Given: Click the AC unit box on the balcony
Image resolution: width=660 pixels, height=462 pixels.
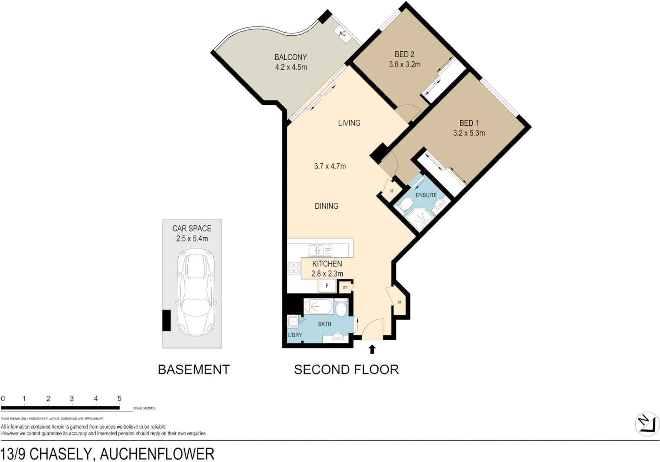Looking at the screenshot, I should [x=342, y=34].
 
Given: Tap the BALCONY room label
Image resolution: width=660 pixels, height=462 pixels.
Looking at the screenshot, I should [x=291, y=57].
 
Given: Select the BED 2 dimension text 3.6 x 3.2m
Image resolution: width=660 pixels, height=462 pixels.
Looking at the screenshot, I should [x=404, y=65].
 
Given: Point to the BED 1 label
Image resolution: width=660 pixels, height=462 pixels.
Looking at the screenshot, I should [x=468, y=123].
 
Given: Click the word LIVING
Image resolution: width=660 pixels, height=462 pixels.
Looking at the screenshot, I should [x=349, y=123].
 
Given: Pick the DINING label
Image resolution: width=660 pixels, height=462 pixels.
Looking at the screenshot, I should [x=326, y=206].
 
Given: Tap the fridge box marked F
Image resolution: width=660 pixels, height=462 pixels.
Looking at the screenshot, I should [x=327, y=286].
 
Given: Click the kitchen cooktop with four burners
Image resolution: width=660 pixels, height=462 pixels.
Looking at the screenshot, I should [x=294, y=268].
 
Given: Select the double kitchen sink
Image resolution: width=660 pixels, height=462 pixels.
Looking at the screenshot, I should [x=320, y=250].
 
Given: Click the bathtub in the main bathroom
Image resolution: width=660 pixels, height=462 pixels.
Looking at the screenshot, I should [x=318, y=307].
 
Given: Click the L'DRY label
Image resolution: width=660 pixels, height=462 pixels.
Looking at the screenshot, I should [x=295, y=335].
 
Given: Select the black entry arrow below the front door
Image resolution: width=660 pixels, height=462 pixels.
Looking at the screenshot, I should [x=372, y=349].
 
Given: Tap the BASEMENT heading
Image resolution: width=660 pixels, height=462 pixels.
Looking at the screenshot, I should [x=194, y=370].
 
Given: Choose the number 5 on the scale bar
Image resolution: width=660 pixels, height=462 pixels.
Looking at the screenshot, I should [x=119, y=398].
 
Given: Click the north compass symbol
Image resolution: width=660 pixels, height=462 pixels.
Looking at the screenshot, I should [x=647, y=424].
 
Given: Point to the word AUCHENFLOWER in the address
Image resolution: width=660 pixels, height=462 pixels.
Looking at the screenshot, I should [x=157, y=454].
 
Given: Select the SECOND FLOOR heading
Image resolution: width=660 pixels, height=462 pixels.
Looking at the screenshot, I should [x=346, y=370].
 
